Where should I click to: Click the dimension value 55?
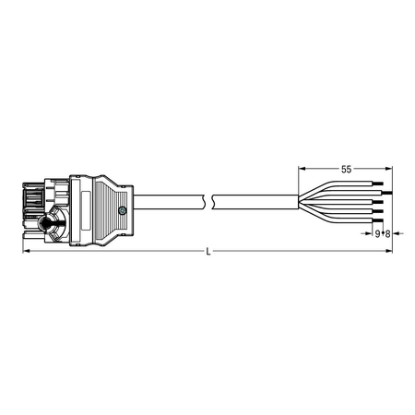coord(346,169)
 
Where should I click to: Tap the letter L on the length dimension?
coord(208,252)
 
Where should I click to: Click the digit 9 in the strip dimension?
coord(377,234)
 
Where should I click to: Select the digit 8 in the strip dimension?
coord(387,234)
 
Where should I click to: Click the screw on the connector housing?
coord(123,210)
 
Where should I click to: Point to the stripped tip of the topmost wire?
coord(378,184)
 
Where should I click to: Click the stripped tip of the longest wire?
coord(387,193)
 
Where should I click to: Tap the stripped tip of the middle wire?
coord(378,202)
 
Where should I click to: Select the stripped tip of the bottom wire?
coord(378,220)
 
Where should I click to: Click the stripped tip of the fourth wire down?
coord(378,211)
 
